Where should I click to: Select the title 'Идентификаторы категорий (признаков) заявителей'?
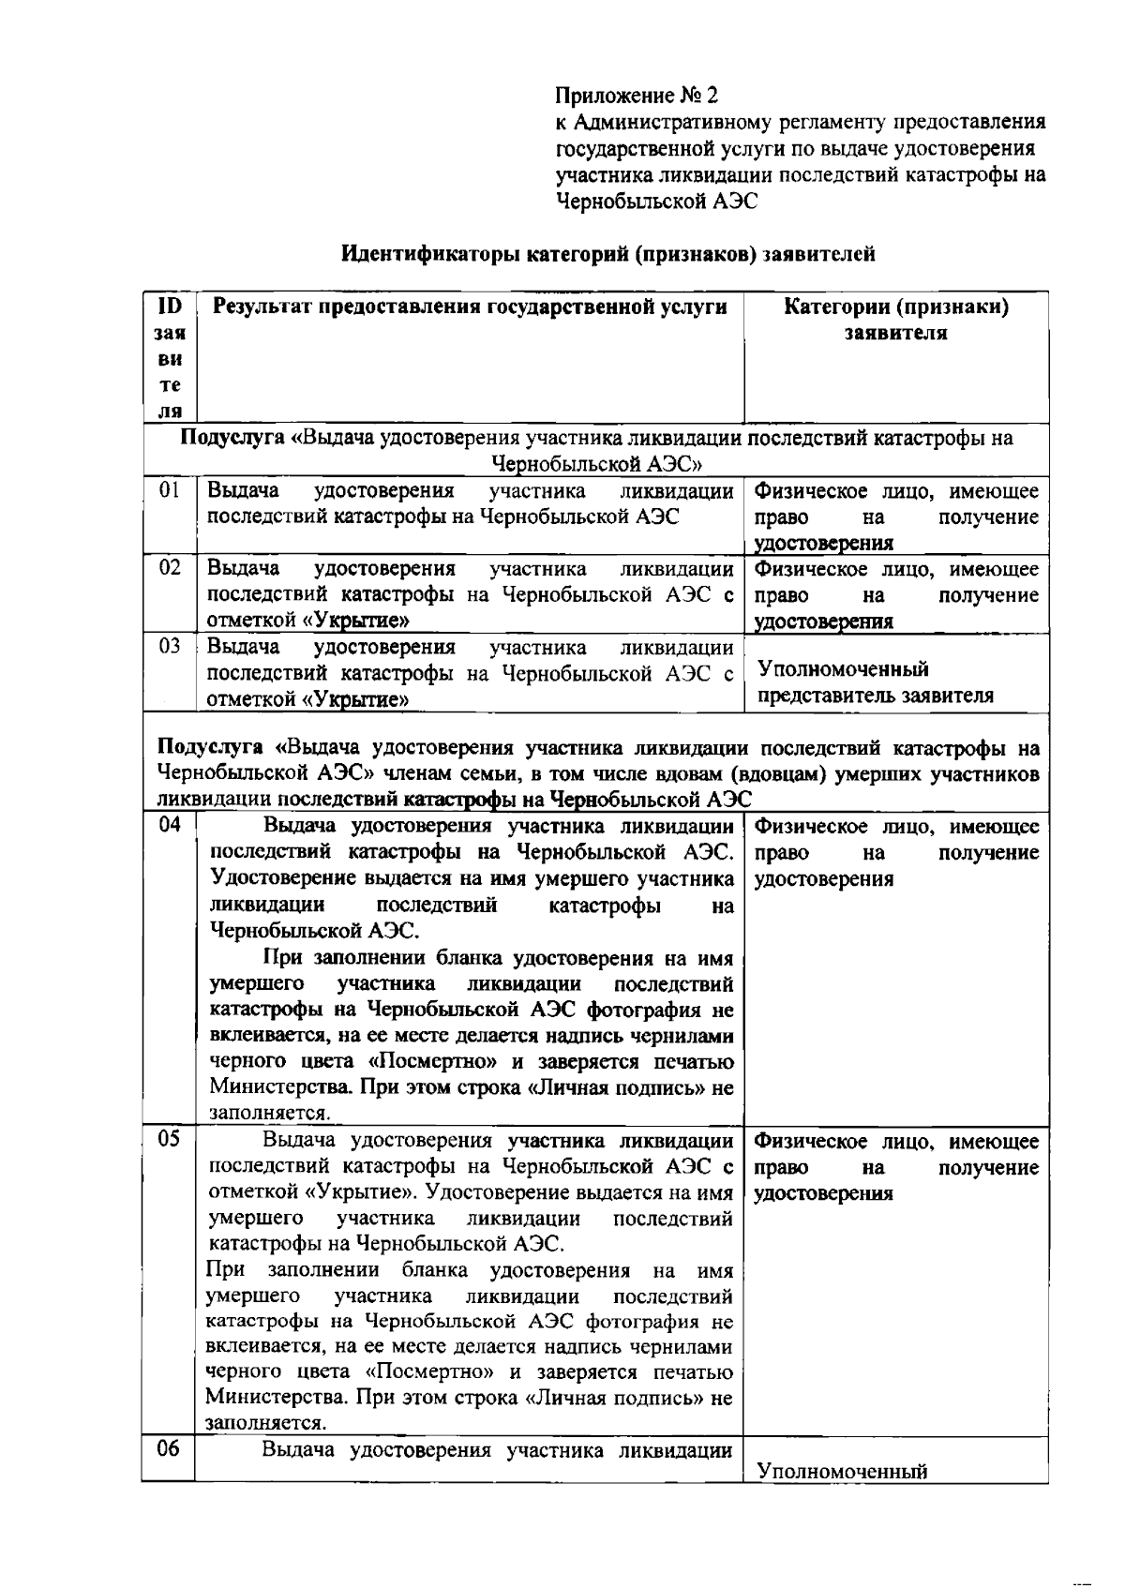[607, 254]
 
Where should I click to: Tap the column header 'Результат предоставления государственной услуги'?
[470, 307]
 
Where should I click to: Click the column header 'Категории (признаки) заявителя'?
[895, 320]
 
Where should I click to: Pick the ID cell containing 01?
[169, 490]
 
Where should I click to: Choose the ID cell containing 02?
[169, 568]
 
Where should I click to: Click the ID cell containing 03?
[169, 646]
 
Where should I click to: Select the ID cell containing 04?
[169, 825]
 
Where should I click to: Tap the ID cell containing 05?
[169, 1139]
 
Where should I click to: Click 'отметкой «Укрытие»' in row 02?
[307, 621]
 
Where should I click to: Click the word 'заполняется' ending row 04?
[268, 1114]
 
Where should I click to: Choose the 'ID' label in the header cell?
[169, 307]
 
